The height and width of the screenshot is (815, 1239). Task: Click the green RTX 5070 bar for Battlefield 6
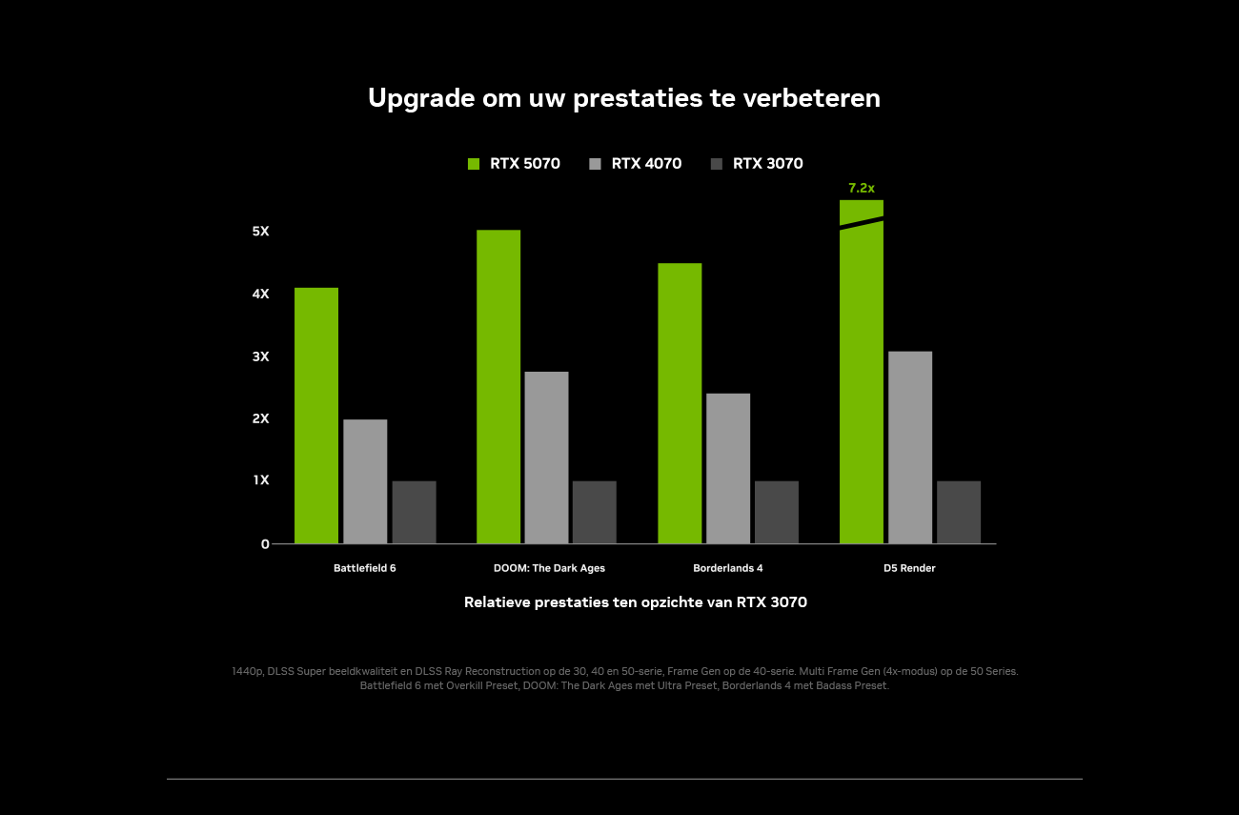316,416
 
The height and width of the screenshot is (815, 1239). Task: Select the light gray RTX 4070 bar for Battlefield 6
365,481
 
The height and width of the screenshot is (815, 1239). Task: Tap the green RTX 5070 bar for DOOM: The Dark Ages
498,387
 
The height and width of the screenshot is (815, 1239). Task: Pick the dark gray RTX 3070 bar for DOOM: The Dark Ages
595,512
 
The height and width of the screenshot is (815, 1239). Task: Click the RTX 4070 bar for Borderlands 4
728,468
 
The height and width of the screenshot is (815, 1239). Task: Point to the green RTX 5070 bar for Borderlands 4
680,403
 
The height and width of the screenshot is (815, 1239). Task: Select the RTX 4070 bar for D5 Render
910,447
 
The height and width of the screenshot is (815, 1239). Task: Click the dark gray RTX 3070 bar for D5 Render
959,512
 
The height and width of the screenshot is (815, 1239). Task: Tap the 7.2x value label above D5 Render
862,189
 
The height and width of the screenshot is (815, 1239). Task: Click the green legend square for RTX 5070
474,164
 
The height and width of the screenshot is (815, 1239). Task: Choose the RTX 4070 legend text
646,164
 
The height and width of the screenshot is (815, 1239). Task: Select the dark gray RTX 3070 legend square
717,164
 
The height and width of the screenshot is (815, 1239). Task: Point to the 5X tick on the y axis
260,232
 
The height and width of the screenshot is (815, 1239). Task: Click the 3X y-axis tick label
260,357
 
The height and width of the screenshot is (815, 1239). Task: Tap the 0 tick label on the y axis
265,544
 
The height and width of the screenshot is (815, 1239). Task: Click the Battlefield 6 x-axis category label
365,568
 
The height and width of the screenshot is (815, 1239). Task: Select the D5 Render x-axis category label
909,568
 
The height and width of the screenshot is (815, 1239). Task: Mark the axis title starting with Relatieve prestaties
636,602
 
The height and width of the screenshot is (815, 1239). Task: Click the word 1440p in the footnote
248,671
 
